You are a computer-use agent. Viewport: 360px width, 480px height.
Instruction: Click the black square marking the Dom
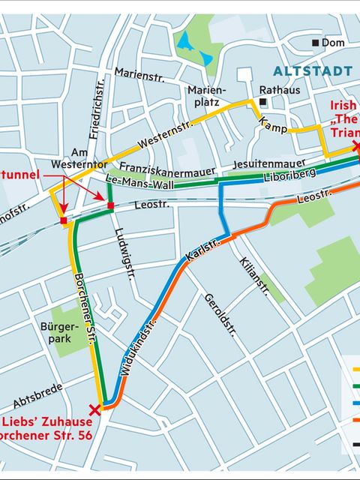(316, 43)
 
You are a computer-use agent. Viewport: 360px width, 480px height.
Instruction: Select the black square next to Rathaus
(263, 102)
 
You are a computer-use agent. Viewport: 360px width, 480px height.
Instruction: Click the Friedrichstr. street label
(97, 112)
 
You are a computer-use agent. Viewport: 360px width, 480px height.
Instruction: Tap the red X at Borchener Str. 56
(94, 409)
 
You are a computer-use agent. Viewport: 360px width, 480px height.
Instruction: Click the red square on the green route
(110, 205)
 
